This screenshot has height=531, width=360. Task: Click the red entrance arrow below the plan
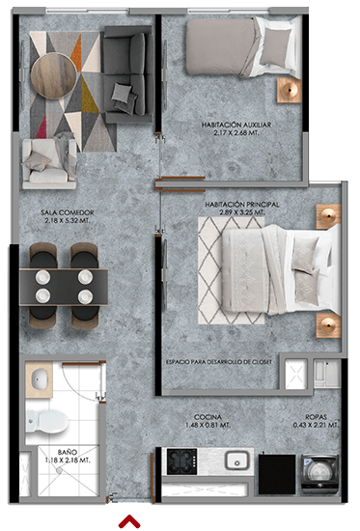(x=129, y=521)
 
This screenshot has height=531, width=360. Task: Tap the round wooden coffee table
(x=53, y=75)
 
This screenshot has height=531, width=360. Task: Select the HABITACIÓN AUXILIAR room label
(x=236, y=125)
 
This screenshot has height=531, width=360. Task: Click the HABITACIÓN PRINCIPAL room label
(x=242, y=205)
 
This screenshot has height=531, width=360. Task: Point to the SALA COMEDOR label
(x=67, y=212)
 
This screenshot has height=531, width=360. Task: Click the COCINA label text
(x=208, y=417)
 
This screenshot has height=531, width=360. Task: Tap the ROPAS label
(x=316, y=417)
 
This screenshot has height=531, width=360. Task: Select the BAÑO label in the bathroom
(x=67, y=452)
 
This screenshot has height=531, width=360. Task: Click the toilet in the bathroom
(x=46, y=421)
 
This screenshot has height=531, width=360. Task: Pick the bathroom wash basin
(x=39, y=379)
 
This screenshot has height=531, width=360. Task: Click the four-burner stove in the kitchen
(x=181, y=461)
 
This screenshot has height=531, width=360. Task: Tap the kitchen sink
(x=237, y=461)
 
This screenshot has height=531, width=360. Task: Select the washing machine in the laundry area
(x=320, y=473)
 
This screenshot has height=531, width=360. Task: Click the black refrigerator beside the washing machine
(x=277, y=474)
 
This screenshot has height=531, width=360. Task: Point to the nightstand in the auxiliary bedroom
(x=290, y=90)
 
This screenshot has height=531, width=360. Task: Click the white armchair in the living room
(x=49, y=163)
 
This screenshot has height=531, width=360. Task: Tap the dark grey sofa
(x=128, y=74)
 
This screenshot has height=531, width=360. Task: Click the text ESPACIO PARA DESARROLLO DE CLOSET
(x=219, y=362)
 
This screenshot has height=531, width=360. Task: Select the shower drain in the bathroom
(x=60, y=470)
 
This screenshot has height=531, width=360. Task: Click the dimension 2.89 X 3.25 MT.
(x=242, y=212)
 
